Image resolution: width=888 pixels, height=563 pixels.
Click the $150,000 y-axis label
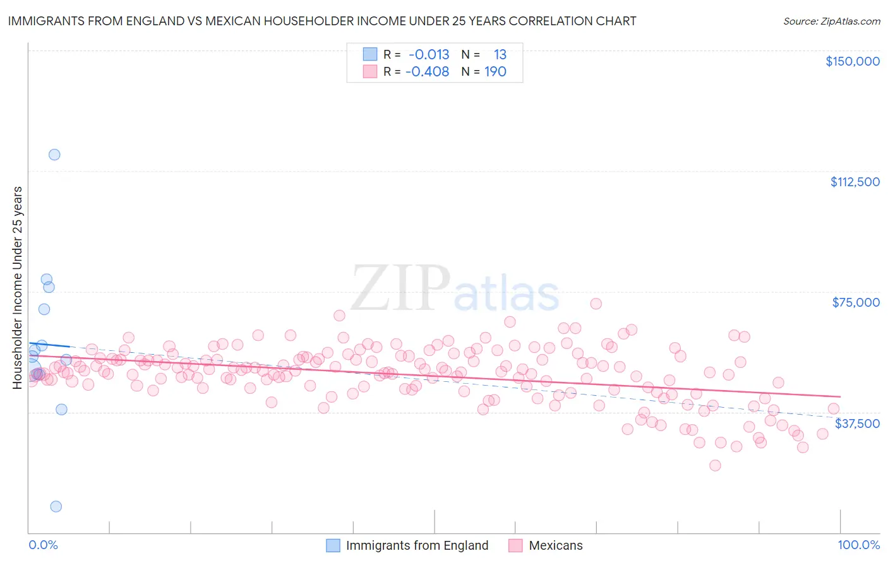click(x=852, y=61)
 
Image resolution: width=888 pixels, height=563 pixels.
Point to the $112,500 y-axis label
click(x=855, y=182)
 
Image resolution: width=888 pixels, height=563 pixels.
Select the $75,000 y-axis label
click(x=856, y=302)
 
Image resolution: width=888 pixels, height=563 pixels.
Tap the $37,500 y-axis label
click(x=857, y=424)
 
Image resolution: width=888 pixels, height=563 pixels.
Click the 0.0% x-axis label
click(x=43, y=545)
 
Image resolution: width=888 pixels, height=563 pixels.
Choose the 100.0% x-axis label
click(x=858, y=545)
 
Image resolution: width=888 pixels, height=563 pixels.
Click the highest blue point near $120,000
click(x=54, y=155)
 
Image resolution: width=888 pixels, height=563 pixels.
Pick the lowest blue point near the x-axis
click(x=56, y=506)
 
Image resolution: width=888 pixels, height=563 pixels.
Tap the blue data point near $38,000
click(x=61, y=409)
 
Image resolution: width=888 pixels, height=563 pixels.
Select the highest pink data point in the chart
click(x=596, y=304)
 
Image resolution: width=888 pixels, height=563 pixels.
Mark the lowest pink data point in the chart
click(x=715, y=465)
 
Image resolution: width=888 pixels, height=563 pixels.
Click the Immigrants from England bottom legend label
click(x=417, y=545)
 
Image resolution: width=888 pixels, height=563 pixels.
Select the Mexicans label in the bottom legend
click(x=556, y=545)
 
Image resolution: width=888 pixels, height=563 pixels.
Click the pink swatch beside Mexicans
click(x=515, y=545)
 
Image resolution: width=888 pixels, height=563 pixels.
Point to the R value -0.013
click(x=429, y=54)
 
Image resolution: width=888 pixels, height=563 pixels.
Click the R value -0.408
click(x=427, y=72)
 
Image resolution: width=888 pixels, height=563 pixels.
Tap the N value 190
click(x=495, y=72)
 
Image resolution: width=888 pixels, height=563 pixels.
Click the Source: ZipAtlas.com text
click(x=831, y=21)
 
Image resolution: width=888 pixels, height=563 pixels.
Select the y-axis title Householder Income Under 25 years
click(x=18, y=287)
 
